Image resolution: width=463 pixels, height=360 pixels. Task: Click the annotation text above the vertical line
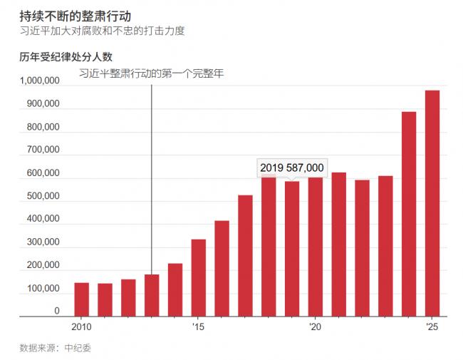(151, 73)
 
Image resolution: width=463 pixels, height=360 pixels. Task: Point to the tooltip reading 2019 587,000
(292, 168)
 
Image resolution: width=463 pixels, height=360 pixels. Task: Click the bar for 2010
(81, 299)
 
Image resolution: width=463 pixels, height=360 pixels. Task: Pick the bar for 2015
(198, 277)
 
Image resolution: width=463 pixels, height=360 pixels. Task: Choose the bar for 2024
(409, 214)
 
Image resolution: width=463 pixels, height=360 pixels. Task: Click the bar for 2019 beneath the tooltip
(292, 249)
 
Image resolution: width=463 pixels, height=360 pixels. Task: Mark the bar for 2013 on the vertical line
(152, 295)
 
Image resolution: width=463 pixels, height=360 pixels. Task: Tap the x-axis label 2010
(81, 326)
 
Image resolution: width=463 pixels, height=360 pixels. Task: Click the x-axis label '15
(198, 326)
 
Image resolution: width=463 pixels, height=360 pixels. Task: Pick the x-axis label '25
(432, 326)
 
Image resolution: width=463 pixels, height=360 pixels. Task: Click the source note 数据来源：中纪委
(55, 348)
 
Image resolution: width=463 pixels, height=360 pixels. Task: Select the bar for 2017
(245, 256)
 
